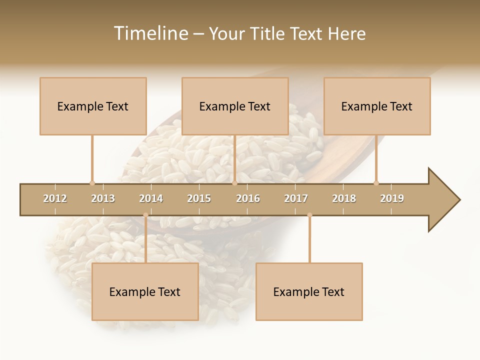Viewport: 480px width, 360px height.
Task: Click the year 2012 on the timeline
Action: click(55, 198)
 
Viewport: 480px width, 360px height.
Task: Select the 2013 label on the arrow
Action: click(103, 198)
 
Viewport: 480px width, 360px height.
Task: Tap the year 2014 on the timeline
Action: click(151, 198)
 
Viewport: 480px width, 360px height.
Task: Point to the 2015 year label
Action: click(199, 198)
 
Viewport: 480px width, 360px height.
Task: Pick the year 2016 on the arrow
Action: click(248, 198)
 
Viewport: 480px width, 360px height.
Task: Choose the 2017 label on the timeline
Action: click(296, 198)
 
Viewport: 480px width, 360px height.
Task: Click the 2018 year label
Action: click(344, 198)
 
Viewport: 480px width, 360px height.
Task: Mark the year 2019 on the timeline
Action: click(392, 198)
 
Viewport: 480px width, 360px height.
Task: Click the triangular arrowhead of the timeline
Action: click(443, 200)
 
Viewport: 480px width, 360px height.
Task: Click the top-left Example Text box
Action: click(93, 106)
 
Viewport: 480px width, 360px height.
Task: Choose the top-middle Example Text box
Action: click(235, 106)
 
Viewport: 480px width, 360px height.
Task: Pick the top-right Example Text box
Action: click(377, 106)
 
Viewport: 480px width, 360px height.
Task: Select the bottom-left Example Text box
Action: click(145, 291)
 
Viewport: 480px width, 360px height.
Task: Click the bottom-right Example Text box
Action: click(309, 291)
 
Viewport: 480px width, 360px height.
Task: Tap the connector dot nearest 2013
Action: click(92, 183)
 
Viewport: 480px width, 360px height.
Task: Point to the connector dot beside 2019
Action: click(376, 183)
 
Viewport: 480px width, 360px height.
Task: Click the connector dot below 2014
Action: click(145, 215)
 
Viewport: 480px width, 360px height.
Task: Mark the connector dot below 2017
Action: click(309, 215)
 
